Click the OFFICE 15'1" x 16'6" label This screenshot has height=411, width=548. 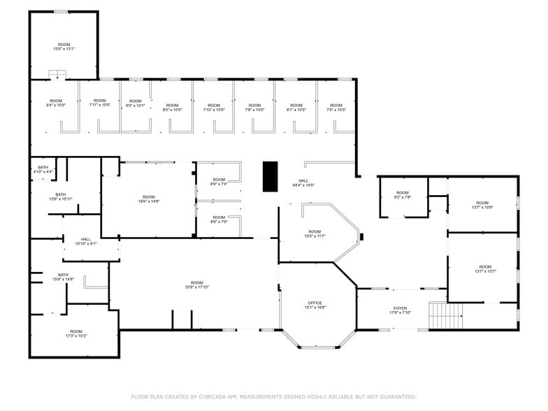[x=315, y=305]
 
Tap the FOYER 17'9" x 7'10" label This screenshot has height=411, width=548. [x=400, y=310]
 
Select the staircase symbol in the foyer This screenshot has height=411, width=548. [x=446, y=315]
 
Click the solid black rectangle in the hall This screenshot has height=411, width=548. [x=270, y=176]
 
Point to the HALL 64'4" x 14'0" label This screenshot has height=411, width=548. [x=303, y=183]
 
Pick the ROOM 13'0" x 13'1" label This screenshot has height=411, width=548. [x=64, y=47]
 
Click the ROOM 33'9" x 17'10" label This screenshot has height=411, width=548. [x=197, y=284]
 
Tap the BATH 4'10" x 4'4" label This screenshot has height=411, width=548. [x=43, y=169]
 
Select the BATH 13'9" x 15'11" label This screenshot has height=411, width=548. [x=61, y=196]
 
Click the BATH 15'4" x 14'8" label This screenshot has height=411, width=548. [x=63, y=277]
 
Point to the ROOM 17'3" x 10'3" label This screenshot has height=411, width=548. [x=75, y=333]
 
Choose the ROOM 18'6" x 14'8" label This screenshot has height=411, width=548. [x=149, y=199]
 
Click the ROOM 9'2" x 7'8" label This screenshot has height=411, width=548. [x=402, y=195]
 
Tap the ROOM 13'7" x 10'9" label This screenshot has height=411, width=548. [x=482, y=205]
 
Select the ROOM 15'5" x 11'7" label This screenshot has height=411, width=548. [x=315, y=233]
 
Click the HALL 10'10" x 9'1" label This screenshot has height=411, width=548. [x=86, y=241]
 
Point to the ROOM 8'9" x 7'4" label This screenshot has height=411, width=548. [x=219, y=182]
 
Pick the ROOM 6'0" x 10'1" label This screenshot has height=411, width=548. [x=135, y=103]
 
